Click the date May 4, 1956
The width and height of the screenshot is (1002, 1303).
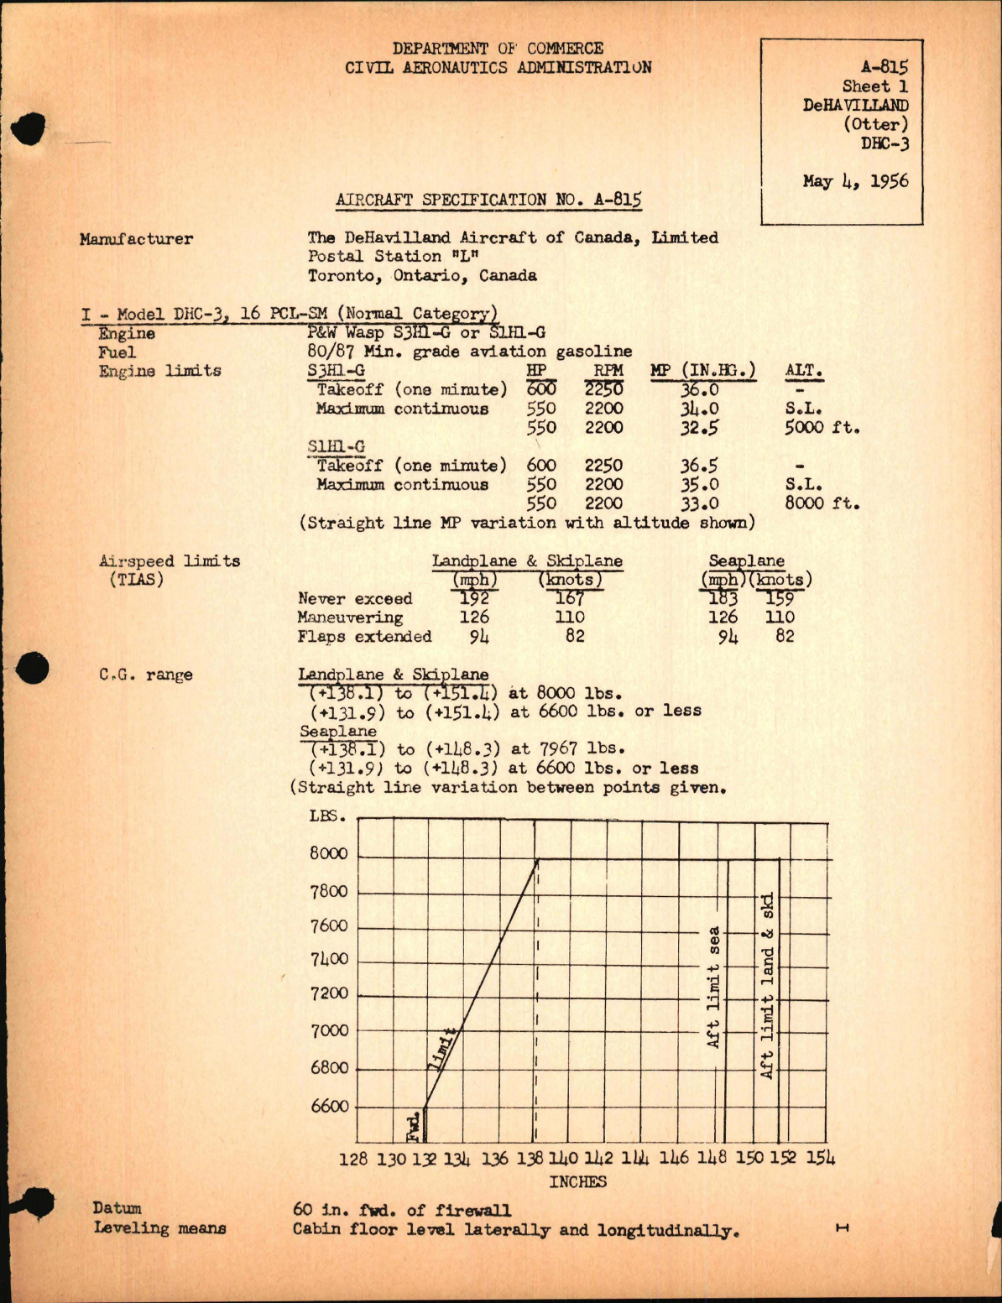pos(854,181)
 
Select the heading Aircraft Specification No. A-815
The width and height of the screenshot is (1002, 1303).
pos(488,200)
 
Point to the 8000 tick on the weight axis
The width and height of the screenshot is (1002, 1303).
pos(328,853)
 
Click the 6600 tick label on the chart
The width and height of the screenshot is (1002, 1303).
pos(329,1106)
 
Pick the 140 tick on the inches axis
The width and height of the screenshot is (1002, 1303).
pos(563,1159)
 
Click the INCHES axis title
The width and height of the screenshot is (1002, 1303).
pos(577,1181)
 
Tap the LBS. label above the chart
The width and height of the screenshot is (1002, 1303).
pos(328,816)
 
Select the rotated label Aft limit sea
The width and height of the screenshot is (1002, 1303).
pos(713,987)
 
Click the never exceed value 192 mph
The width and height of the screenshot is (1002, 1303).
pos(474,598)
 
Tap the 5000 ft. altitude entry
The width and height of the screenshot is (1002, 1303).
pos(822,428)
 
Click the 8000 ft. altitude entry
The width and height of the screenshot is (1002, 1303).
pos(822,503)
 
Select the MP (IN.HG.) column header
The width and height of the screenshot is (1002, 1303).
pos(702,371)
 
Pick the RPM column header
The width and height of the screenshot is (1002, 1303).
pos(608,371)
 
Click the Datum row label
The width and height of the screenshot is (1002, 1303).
pos(117,1208)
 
